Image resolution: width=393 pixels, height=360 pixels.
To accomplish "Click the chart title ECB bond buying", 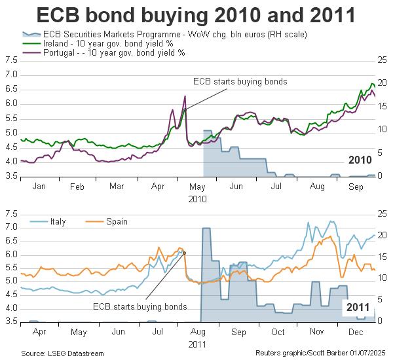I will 196,15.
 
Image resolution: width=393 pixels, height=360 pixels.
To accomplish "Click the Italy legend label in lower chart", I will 58,221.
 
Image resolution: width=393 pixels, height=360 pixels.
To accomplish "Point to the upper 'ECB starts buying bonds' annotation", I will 240,82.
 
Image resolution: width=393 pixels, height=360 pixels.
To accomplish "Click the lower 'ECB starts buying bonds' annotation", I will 140,306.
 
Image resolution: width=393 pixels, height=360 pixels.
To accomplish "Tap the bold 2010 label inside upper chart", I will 360,159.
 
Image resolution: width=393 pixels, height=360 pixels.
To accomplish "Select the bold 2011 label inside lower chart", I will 358,306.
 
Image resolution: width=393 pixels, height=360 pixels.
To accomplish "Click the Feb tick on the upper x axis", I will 77,187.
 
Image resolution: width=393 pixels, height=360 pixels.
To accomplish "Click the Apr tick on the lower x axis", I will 39,333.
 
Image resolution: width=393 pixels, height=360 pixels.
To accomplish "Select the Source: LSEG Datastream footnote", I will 62,353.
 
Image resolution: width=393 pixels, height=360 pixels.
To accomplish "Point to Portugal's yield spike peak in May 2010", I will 185,96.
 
